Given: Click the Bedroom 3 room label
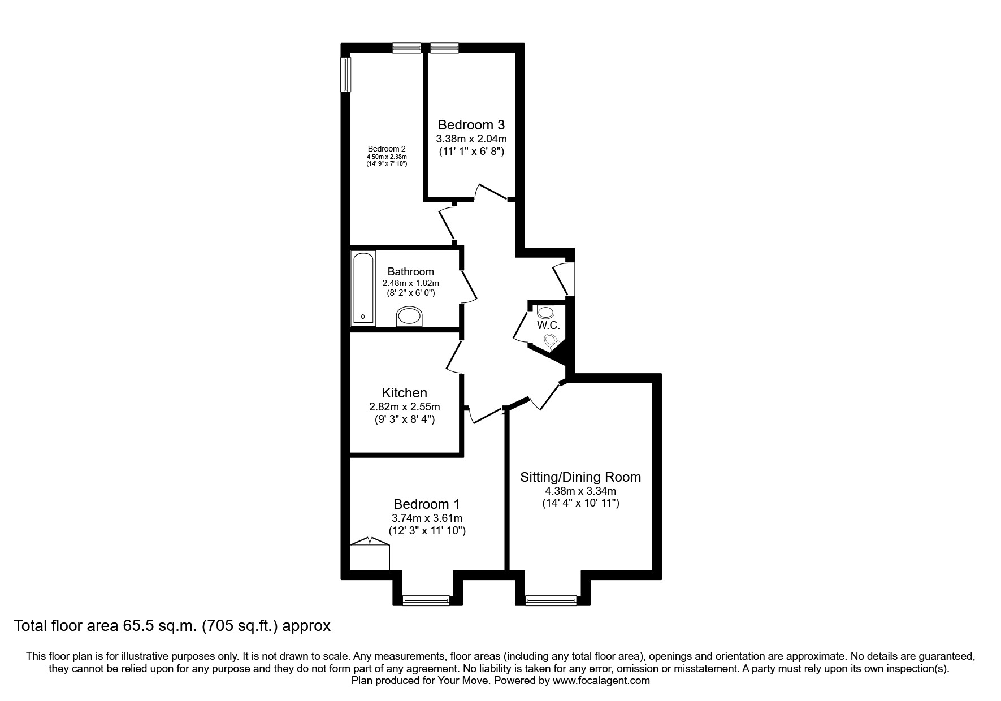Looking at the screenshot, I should point(471,124).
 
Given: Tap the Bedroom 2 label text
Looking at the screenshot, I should point(387,149).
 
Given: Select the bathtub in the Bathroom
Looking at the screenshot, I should point(363,289).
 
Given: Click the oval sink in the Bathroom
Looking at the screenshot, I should point(409,317).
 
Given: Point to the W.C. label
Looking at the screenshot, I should point(548,326).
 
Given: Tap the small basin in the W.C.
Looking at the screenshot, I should point(545,311).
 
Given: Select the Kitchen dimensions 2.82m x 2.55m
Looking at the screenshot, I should point(404,406).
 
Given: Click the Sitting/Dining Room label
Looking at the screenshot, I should point(580,477).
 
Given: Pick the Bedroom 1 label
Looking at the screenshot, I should point(427,504).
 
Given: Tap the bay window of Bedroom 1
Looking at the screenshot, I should point(426,600).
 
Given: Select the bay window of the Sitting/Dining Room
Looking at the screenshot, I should point(551,600).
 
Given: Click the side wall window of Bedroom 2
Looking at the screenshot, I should point(346,74).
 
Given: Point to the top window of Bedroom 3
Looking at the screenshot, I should point(444,48).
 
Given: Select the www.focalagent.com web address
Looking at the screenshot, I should point(601,681).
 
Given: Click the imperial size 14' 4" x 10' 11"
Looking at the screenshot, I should point(580,503).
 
